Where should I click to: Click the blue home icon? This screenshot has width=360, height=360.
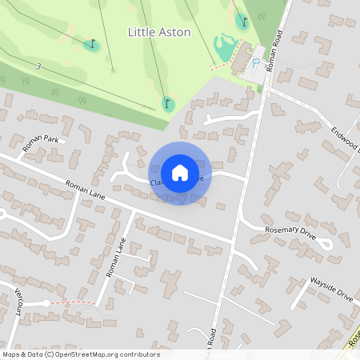click(180, 173)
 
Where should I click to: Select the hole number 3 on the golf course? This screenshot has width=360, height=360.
click(38, 66)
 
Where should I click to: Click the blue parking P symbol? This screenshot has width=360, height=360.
click(256, 63)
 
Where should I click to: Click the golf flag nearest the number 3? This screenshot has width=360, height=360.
click(92, 44)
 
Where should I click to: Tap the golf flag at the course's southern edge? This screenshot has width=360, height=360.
click(167, 103)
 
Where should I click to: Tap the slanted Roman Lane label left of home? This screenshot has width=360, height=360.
click(86, 197)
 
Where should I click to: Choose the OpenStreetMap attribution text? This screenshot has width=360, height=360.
click(80, 354)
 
